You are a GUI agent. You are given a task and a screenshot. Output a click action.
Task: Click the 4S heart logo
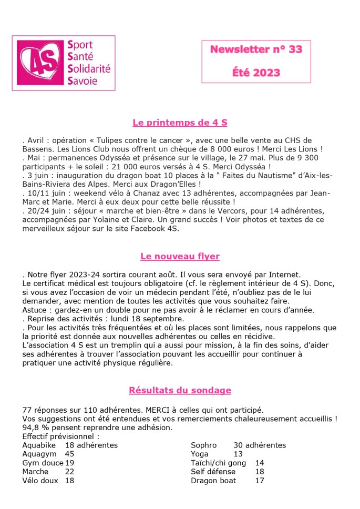(40, 63)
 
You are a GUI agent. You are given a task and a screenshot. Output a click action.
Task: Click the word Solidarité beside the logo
(89, 69)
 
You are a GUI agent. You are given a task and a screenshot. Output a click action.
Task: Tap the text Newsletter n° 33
(256, 49)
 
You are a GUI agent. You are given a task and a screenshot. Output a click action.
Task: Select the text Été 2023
(256, 73)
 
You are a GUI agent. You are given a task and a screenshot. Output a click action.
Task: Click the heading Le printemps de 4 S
(180, 123)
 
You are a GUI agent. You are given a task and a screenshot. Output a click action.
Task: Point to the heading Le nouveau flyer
(180, 257)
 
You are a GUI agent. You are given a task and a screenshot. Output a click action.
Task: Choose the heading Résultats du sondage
(180, 390)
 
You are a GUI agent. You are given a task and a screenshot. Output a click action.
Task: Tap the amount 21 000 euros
(164, 166)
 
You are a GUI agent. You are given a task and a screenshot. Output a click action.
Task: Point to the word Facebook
(155, 228)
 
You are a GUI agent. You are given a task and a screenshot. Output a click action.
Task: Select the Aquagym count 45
(69, 454)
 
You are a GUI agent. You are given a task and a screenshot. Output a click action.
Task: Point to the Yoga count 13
(238, 454)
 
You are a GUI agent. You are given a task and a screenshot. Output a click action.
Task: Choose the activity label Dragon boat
(213, 481)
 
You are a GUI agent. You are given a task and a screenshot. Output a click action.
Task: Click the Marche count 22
(69, 472)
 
